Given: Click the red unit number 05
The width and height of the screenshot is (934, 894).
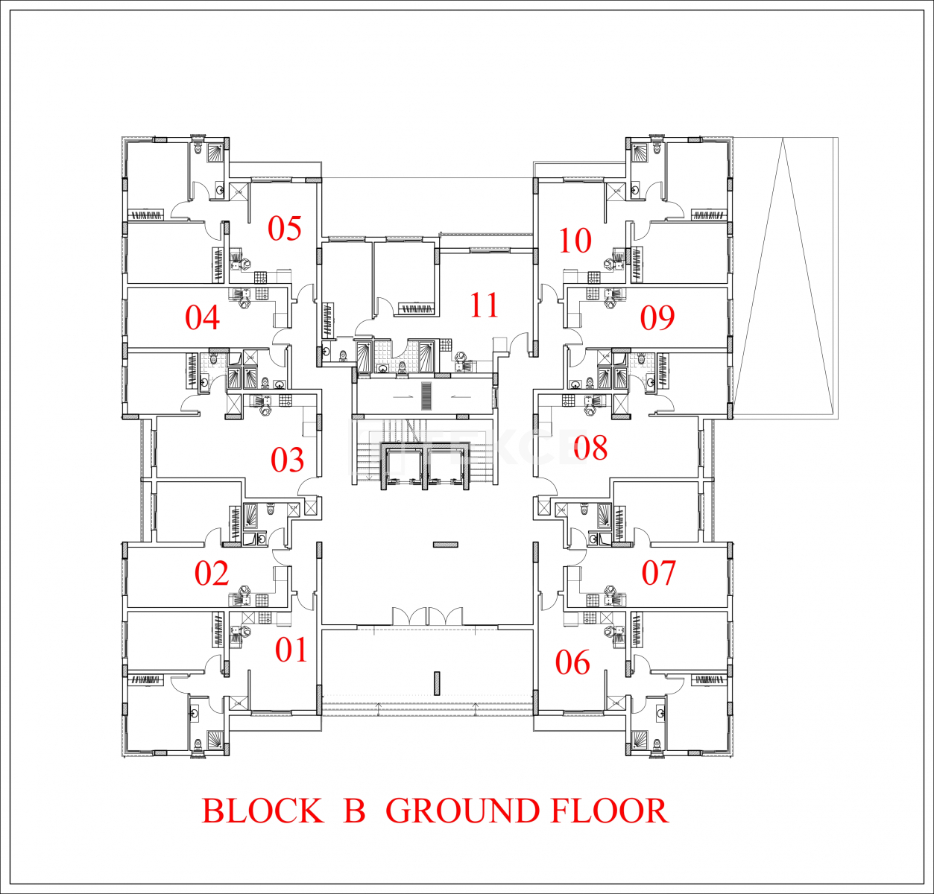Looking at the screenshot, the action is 284,228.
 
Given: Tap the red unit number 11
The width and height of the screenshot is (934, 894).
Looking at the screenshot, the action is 485,305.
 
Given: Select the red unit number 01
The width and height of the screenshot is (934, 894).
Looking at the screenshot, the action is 291,651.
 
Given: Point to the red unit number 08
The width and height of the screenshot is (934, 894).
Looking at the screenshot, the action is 590,448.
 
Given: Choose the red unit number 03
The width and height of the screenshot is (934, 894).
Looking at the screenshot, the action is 287,460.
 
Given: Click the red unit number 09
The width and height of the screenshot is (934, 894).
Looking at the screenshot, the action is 657,317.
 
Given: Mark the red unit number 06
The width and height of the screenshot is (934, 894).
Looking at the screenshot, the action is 572,663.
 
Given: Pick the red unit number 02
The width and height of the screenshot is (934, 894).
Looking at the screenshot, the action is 212,573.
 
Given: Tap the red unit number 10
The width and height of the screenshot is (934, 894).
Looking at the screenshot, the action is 575,241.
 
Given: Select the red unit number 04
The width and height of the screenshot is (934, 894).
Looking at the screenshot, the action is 203,317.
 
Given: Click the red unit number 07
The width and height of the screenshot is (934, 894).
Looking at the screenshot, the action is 658,573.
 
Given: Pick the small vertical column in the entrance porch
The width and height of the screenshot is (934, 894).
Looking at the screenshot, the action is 438,683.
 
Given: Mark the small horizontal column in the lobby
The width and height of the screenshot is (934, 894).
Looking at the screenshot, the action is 446,545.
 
